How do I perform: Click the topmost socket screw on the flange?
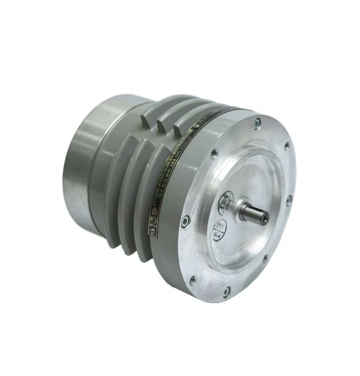[x=257, y=122]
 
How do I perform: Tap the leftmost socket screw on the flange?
[x=184, y=221]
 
